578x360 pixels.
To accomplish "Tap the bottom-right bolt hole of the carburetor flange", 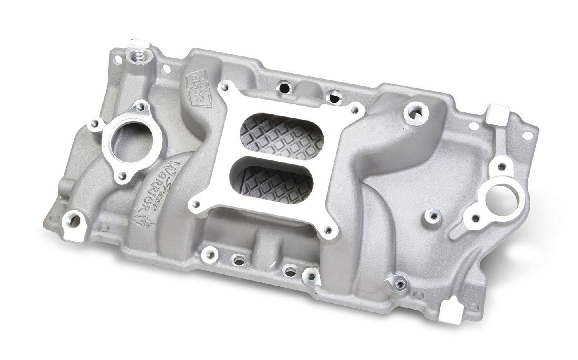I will (328, 230).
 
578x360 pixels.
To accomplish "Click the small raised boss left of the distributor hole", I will (432, 216).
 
